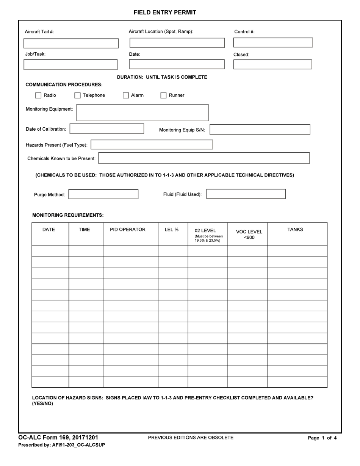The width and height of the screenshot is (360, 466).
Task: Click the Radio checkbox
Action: [x=38, y=95]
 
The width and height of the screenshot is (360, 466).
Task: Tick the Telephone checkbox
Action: [x=77, y=95]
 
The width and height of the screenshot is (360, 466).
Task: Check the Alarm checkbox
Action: [x=126, y=95]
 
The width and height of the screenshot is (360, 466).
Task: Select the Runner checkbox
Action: [x=163, y=95]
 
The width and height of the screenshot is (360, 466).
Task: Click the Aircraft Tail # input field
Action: [x=71, y=43]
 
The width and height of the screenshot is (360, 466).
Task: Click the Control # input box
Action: [x=273, y=42]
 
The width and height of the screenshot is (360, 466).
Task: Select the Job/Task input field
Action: [x=70, y=65]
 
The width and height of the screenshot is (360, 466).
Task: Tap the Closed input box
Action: [x=272, y=64]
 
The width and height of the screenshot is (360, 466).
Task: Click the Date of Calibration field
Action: [x=107, y=129]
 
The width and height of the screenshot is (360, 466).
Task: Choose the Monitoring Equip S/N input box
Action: [x=260, y=130]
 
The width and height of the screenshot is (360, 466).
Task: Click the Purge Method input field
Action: [x=103, y=194]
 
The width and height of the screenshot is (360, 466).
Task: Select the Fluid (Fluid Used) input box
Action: [x=246, y=194]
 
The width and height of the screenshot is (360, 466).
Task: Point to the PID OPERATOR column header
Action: [x=128, y=230]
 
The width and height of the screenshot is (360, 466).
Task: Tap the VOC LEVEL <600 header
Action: [x=249, y=235]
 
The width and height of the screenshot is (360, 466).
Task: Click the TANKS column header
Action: [x=295, y=230]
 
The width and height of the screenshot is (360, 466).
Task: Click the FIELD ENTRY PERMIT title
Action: [x=165, y=13]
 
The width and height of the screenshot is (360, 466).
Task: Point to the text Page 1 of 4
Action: [x=322, y=438]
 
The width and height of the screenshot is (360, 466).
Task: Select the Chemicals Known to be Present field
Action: [x=204, y=158]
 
